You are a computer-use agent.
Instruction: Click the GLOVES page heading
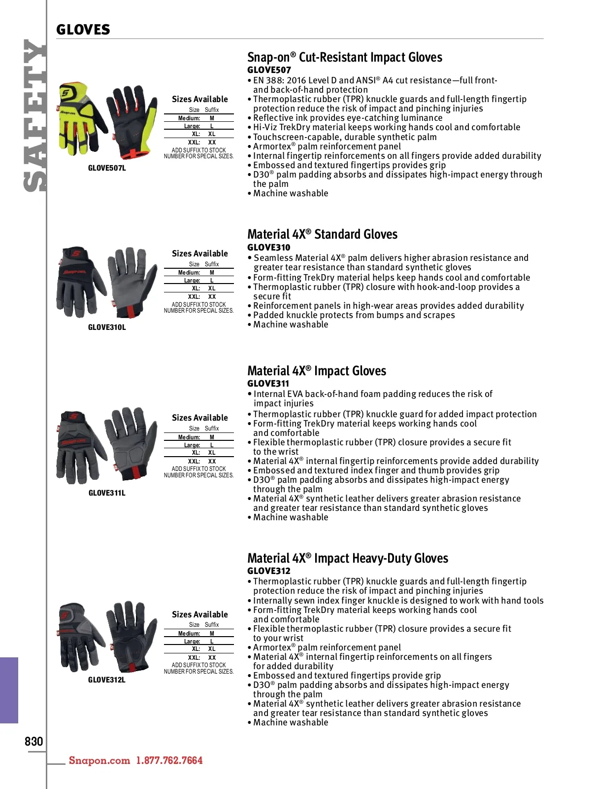click(83, 30)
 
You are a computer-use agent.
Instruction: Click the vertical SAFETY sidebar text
click(35, 115)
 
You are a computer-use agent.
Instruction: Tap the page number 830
click(33, 741)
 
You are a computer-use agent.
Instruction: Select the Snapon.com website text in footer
click(99, 760)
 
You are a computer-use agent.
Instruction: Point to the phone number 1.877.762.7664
click(169, 760)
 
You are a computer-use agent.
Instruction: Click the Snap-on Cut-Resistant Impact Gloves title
click(344, 57)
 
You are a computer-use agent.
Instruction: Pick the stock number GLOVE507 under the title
click(269, 70)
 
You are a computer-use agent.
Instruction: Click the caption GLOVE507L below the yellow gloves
click(107, 168)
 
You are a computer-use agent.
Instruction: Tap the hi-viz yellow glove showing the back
click(82, 118)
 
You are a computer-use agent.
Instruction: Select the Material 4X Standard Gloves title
click(322, 234)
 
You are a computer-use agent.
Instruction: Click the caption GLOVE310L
click(107, 327)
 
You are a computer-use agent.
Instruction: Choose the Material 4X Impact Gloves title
click(317, 371)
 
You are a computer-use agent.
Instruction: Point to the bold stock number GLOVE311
click(268, 384)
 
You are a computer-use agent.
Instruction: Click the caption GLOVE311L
click(107, 493)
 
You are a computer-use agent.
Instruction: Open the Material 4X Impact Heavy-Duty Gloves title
click(348, 558)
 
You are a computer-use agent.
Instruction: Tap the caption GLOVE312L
click(107, 680)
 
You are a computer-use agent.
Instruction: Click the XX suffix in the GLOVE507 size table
click(212, 143)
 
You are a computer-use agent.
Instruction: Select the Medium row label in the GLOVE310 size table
click(189, 273)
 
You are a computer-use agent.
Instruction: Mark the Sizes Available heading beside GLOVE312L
click(200, 614)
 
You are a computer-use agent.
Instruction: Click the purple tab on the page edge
click(9, 690)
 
